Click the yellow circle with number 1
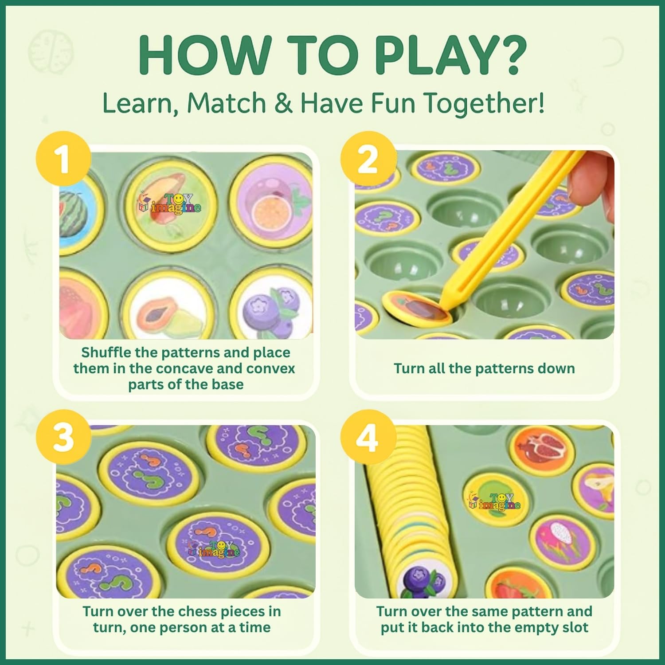pyautogui.click(x=63, y=159)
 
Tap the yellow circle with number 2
pyautogui.click(x=368, y=159)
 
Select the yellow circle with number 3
pyautogui.click(x=63, y=437)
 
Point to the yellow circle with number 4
pyautogui.click(x=368, y=437)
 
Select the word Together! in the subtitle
pyautogui.click(x=483, y=104)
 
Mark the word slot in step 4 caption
pyautogui.click(x=574, y=627)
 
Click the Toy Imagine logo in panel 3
pyautogui.click(x=214, y=548)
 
